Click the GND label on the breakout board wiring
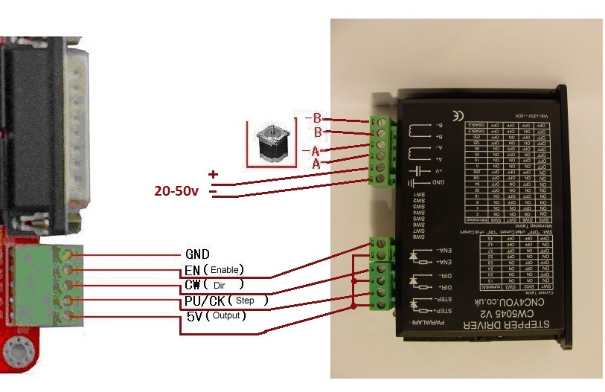pyautogui.click(x=196, y=254)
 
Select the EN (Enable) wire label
pyautogui.click(x=214, y=269)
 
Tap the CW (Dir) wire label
pyautogui.click(x=213, y=285)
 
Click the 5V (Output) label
pyautogui.click(x=216, y=316)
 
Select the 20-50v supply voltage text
pyautogui.click(x=176, y=190)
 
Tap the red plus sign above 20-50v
pyautogui.click(x=214, y=175)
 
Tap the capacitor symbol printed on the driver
pyautogui.click(x=415, y=170)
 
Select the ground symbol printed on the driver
pyautogui.click(x=413, y=183)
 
